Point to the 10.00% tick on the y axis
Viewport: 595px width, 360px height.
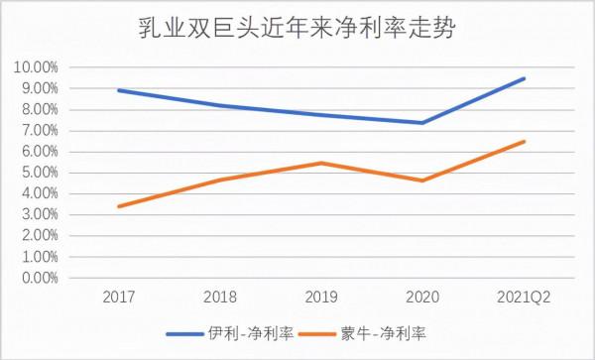36,67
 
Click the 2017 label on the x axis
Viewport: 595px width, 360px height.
119,297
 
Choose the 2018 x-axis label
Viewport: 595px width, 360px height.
220,297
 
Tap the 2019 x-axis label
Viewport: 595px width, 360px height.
321,297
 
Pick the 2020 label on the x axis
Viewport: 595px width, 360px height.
422,297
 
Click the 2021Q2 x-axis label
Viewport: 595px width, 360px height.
524,297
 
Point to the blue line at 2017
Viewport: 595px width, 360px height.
119,90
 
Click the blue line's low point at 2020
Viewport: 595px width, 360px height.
422,123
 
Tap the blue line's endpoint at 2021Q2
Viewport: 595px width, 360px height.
524,78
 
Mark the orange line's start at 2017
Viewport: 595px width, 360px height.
119,206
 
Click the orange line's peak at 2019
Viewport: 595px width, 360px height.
321,163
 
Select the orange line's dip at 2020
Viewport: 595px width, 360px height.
422,180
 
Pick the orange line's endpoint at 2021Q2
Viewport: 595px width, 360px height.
524,141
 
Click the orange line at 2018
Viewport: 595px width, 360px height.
220,180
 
